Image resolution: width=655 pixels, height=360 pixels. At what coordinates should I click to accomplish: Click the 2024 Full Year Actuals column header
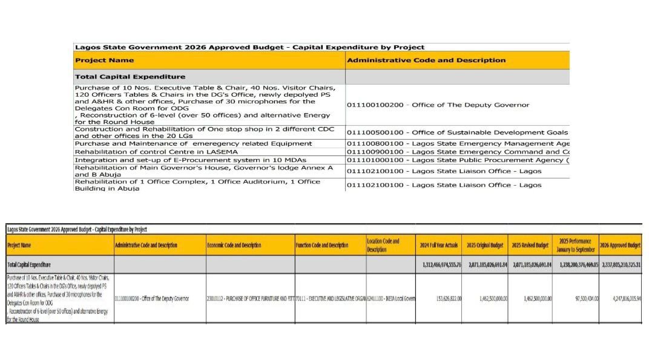438,245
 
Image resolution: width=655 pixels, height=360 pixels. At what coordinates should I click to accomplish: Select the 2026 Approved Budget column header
620,245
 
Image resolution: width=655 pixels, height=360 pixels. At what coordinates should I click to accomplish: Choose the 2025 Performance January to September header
575,245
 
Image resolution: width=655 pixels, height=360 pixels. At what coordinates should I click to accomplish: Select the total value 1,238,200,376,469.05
576,264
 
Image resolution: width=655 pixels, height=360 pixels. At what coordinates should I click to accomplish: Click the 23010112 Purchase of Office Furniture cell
250,298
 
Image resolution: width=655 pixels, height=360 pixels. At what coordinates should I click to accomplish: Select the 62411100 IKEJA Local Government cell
390,298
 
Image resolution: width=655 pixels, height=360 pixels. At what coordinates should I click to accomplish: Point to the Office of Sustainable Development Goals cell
457,133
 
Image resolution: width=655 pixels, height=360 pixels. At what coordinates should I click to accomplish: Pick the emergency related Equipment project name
193,143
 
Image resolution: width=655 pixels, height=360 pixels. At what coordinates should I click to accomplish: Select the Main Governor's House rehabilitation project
203,171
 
